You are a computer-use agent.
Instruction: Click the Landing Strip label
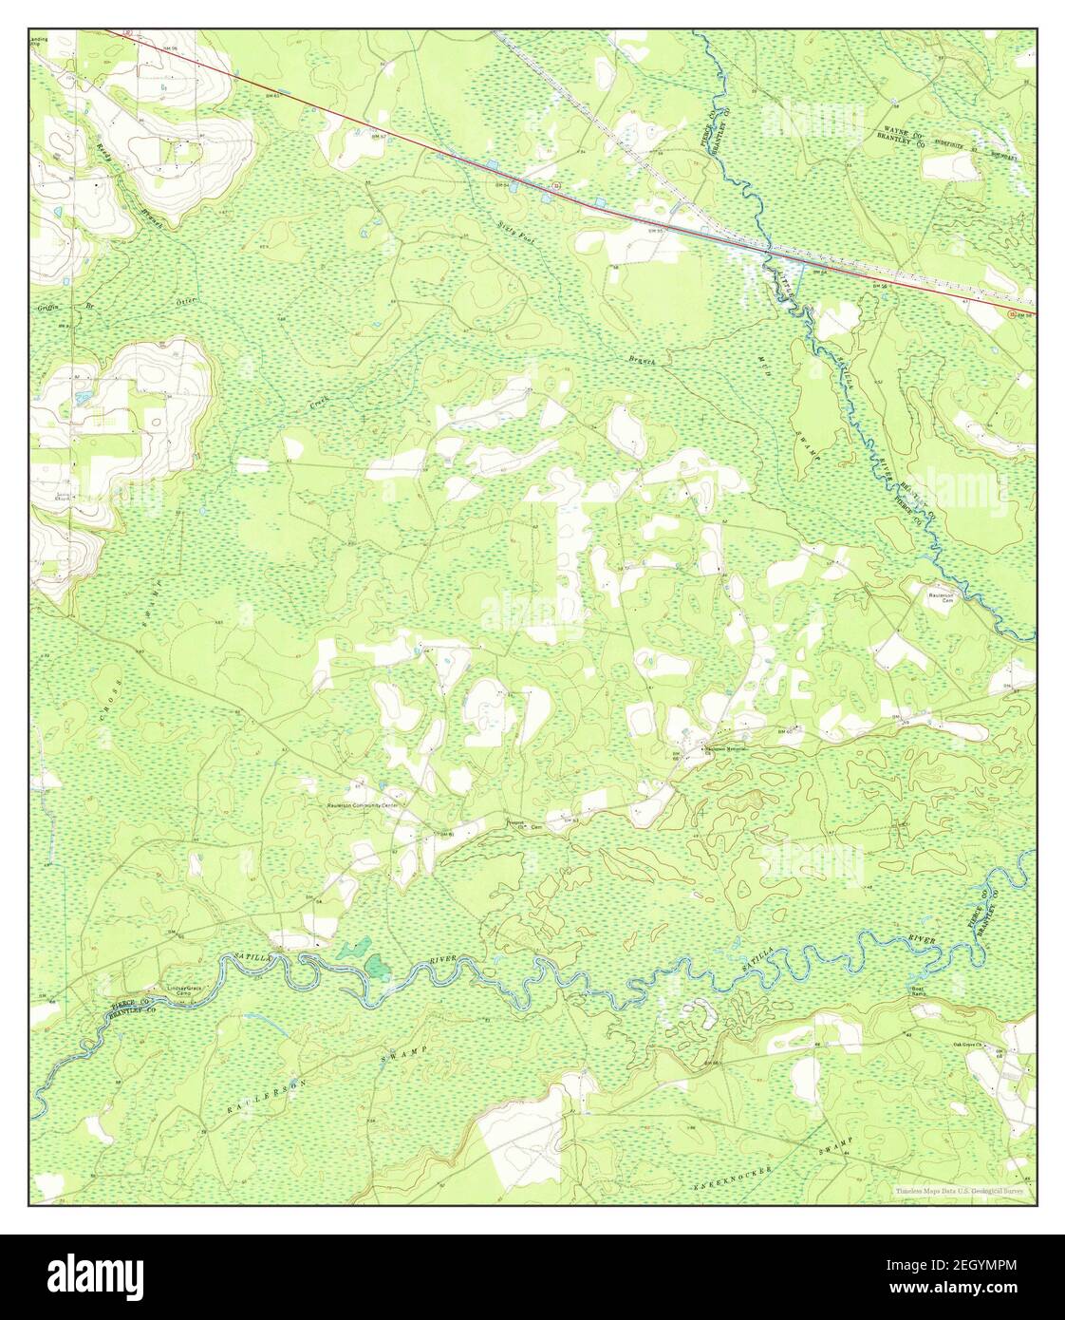(39, 42)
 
